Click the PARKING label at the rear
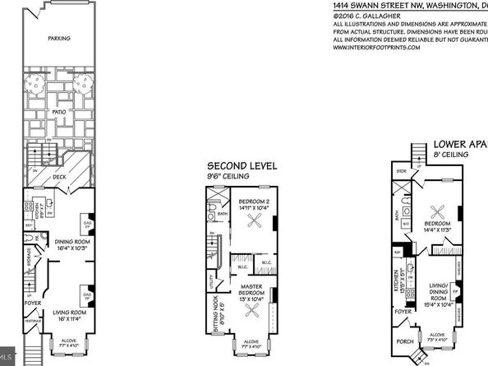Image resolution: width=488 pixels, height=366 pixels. [58, 38]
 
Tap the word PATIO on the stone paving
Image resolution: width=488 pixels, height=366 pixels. [58, 109]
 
